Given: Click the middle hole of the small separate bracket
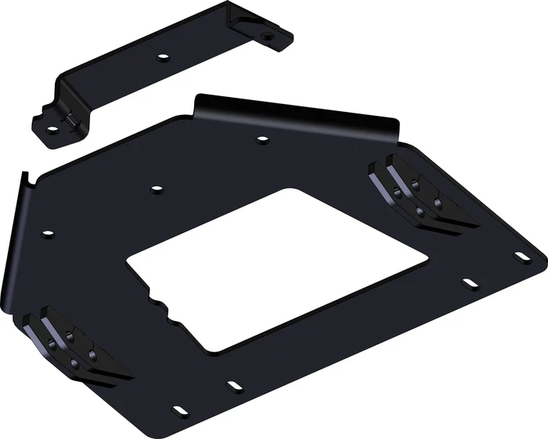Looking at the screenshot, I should point(163,56).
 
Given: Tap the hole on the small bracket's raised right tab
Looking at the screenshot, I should point(268,35).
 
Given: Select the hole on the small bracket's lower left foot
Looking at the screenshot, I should point(52,129).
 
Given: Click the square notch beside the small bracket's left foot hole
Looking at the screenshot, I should point(70,119).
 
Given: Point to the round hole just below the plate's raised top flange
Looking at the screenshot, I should point(263,139).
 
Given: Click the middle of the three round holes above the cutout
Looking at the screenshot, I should point(157,189).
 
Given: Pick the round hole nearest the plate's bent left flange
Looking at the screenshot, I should point(48,233).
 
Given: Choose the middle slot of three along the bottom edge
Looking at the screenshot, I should point(233,385).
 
